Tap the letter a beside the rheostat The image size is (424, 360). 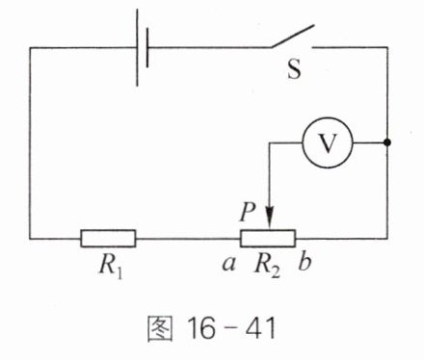[229, 265]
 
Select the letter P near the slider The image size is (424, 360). [248, 212]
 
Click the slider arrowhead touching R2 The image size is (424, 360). [270, 219]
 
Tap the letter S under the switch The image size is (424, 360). [294, 69]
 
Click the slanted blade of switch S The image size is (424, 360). [292, 36]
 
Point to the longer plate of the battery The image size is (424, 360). [138, 47]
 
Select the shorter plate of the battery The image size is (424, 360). [147, 47]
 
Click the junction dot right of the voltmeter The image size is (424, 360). [387, 142]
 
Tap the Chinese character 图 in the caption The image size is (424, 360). [160, 328]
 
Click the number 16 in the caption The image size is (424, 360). [201, 328]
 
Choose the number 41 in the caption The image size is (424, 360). [261, 328]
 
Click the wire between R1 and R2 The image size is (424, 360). [188, 239]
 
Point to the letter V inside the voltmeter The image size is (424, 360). [328, 142]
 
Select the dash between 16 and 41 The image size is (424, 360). [230, 330]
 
